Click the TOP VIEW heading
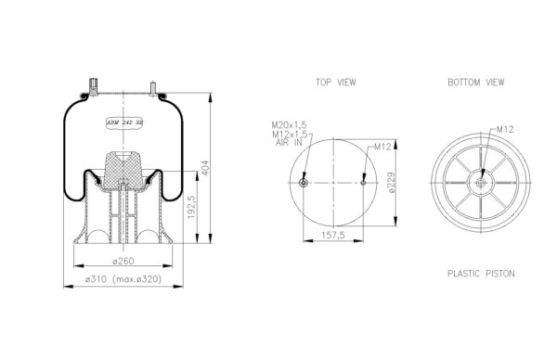coord(336,83)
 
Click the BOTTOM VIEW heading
coord(475,83)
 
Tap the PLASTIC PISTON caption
coord(481,274)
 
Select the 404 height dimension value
coord(206,168)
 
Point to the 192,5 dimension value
coord(192,207)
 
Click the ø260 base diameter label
coord(123,261)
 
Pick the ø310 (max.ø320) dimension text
coord(123,279)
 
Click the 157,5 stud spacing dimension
coord(333,235)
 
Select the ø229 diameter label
coord(391,183)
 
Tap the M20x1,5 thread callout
coord(289,125)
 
